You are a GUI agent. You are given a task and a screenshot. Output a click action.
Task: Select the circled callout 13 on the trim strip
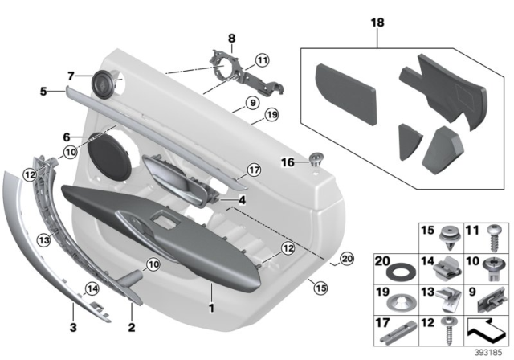click(44, 238)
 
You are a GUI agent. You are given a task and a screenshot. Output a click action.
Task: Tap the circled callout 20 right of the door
click(346, 258)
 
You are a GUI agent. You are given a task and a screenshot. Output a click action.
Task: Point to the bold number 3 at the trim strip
click(73, 326)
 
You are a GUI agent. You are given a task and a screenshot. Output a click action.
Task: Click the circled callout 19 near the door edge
click(271, 115)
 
